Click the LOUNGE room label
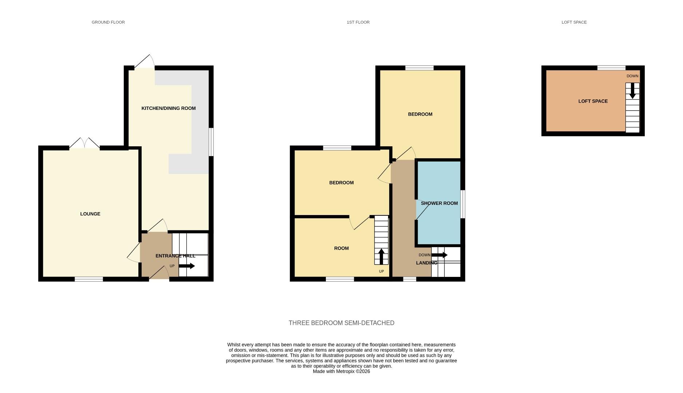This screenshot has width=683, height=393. tap(90, 214)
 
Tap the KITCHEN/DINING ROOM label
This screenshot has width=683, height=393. tap(168, 108)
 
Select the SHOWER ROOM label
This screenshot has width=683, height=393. tap(439, 203)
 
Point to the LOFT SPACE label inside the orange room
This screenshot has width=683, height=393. tap(593, 101)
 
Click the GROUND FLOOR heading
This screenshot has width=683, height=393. tap(108, 22)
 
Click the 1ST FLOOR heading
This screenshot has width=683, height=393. tap(358, 22)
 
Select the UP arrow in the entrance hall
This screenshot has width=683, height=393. tap(187, 266)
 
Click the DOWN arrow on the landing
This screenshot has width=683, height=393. tap(439, 255)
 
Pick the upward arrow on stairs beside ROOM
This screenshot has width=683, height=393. tap(381, 256)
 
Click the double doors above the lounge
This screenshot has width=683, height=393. tap(84, 144)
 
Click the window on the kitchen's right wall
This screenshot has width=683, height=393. tap(211, 142)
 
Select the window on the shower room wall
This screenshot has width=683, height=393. tap(463, 204)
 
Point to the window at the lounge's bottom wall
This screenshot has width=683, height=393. tap(89, 279)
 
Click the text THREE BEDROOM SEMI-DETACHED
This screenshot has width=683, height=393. tap(341, 323)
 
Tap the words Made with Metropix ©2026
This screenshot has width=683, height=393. tap(341, 372)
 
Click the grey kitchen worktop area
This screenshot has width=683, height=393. tap(200, 120)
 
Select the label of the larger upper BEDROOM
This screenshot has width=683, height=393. tap(420, 114)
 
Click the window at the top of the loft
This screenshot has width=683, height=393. tap(611, 68)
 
